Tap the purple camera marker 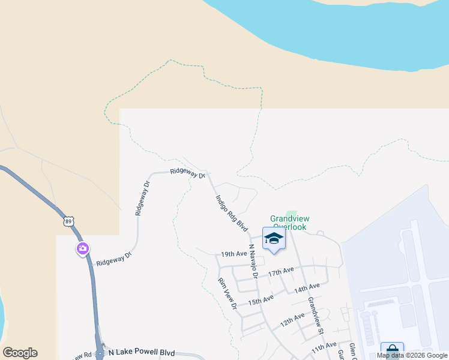pyautogui.click(x=83, y=248)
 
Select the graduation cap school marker pyautogui.click(x=274, y=238)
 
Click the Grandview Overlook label pyautogui.click(x=288, y=223)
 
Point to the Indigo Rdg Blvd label pyautogui.click(x=232, y=213)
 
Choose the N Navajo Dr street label pyautogui.click(x=253, y=262)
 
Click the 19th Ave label pyautogui.click(x=234, y=254)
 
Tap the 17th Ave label pyautogui.click(x=282, y=272)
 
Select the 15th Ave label pyautogui.click(x=261, y=298)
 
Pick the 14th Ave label pyautogui.click(x=307, y=288)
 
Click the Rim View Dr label pyautogui.click(x=228, y=294)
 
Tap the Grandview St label pyautogui.click(x=316, y=315)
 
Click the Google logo pyautogui.click(x=20, y=353)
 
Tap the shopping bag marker pyautogui.click(x=392, y=350)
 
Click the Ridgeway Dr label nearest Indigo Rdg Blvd pyautogui.click(x=187, y=173)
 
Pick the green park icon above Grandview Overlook pyautogui.click(x=292, y=214)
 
